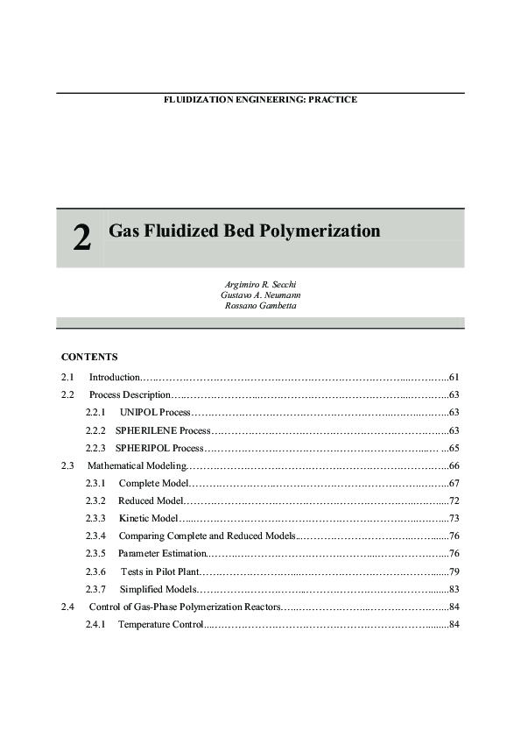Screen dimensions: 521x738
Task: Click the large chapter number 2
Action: point(81,238)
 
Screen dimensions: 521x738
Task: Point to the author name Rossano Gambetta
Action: point(262,305)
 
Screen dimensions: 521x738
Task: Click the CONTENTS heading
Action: point(89,357)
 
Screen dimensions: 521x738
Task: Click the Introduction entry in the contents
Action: point(115,377)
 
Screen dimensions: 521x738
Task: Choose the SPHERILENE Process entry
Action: point(163,430)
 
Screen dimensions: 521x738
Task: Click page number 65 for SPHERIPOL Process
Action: point(454,448)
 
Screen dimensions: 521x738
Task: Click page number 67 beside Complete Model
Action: point(454,483)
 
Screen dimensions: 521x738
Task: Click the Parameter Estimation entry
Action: point(162,553)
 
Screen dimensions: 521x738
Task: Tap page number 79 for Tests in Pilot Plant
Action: point(454,571)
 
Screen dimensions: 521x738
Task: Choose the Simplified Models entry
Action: point(158,589)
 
